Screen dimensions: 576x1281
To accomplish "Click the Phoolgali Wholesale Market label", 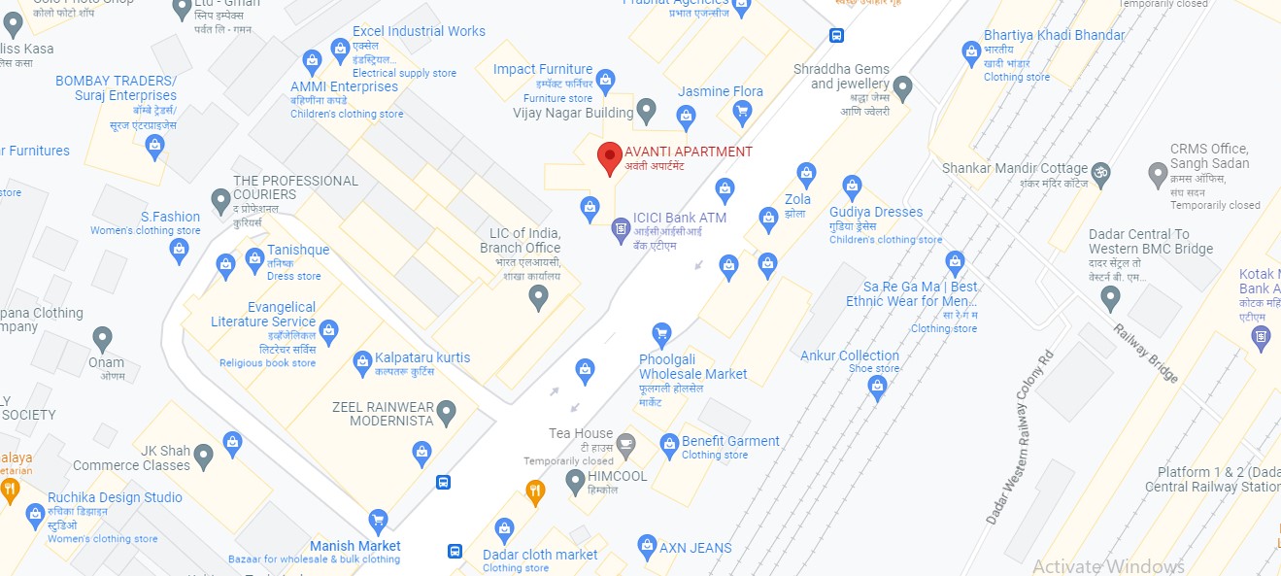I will pos(692,366).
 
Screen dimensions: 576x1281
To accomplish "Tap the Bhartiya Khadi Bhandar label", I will pos(1054,35).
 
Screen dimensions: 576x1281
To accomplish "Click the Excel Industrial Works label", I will pos(419,31).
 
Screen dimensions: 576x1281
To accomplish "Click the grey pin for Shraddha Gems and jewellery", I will pos(902,88).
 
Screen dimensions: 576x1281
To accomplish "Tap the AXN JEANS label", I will pos(695,548).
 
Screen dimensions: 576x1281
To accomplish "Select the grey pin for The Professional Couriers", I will pos(221,202).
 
